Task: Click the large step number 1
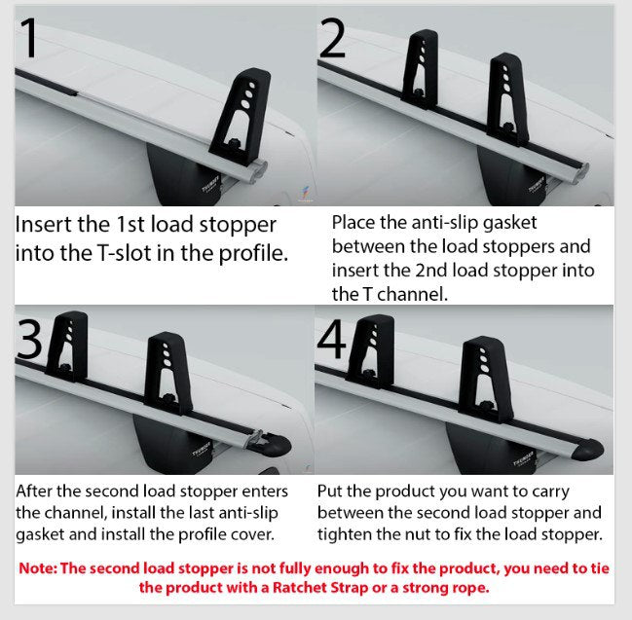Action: click(x=28, y=38)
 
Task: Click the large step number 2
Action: click(x=333, y=39)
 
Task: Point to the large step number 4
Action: click(x=331, y=339)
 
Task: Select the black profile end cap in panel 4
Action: click(x=587, y=450)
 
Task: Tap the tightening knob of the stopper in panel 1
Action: click(x=234, y=143)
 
